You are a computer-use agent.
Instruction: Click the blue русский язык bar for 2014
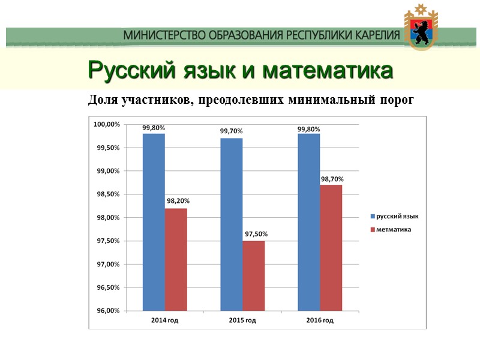pyautogui.click(x=154, y=222)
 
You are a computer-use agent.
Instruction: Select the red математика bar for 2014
pyautogui.click(x=176, y=259)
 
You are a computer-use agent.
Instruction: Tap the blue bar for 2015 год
pyautogui.click(x=231, y=224)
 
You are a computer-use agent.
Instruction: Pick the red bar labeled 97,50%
pyautogui.click(x=253, y=275)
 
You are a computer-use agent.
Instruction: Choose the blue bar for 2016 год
pyautogui.click(x=308, y=222)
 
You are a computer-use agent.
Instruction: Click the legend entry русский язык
pyautogui.click(x=397, y=216)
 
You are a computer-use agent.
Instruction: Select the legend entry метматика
pyautogui.click(x=394, y=229)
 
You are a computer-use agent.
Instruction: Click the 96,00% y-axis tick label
pyautogui.click(x=107, y=311)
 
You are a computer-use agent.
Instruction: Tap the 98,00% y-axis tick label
pyautogui.click(x=107, y=218)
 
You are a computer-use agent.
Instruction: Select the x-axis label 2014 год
pyautogui.click(x=164, y=320)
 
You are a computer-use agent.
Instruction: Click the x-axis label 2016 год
pyautogui.click(x=320, y=320)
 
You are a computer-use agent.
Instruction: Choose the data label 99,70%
pyautogui.click(x=231, y=131)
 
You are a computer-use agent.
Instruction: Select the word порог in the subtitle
pyautogui.click(x=397, y=100)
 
